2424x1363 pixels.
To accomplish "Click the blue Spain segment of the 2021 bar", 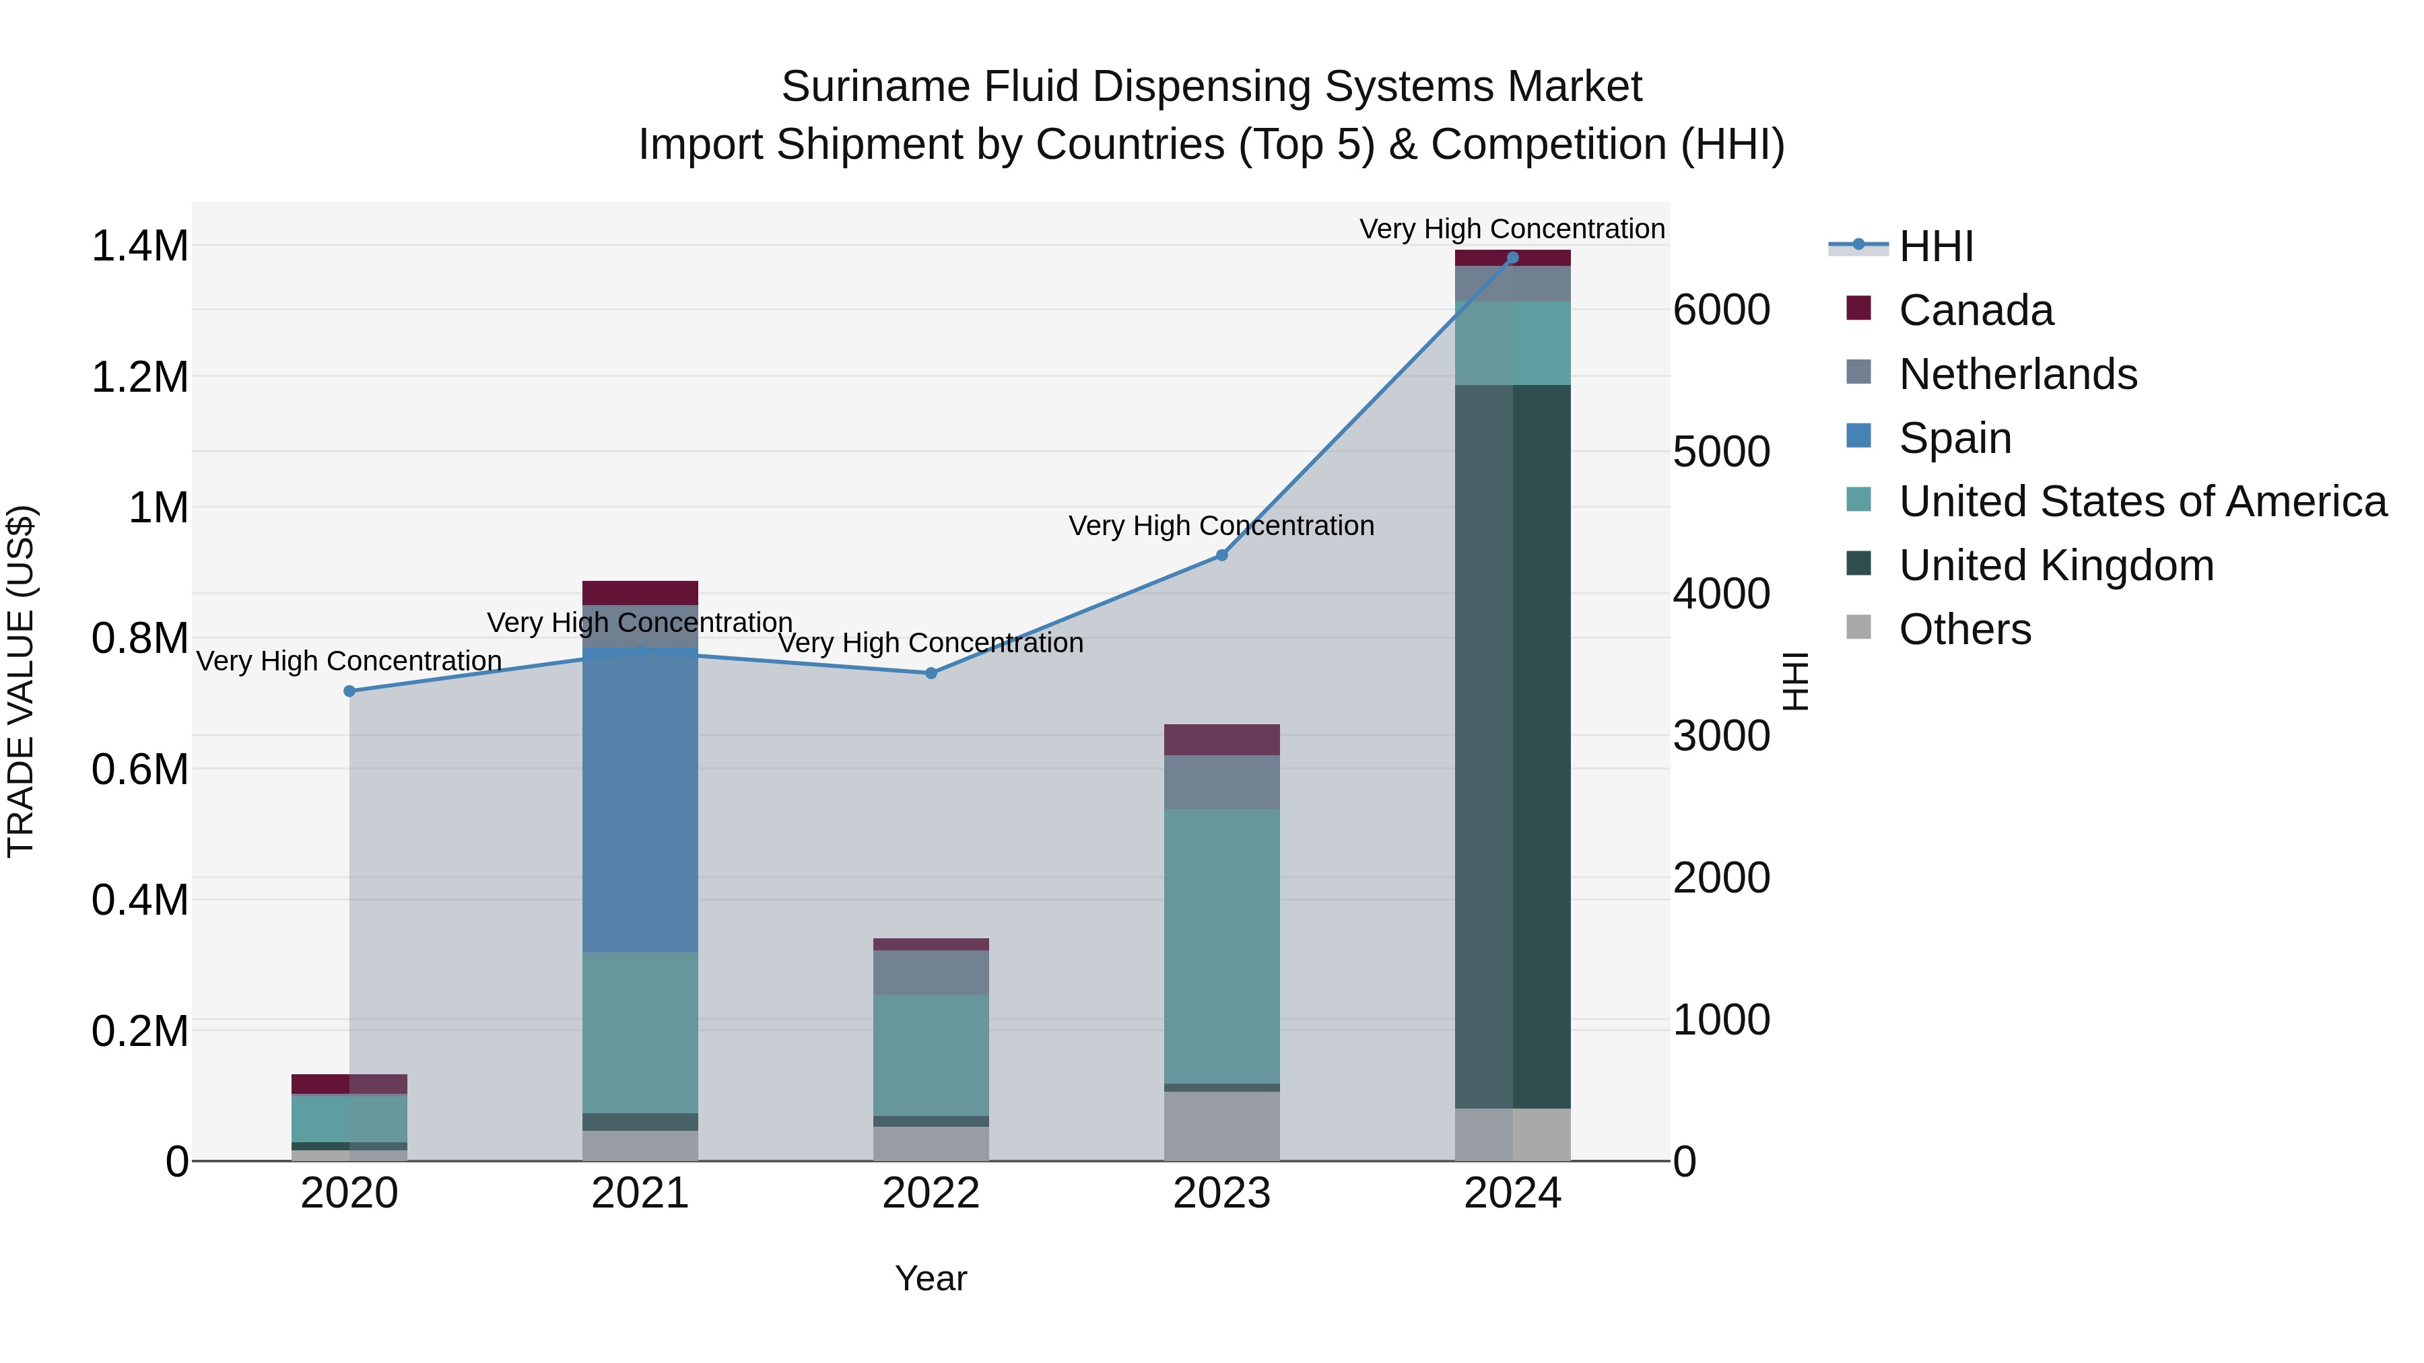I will pyautogui.click(x=640, y=800).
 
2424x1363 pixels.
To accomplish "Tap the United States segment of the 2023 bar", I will pyautogui.click(x=1221, y=946).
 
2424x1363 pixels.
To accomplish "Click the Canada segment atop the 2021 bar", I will pyautogui.click(x=640, y=592).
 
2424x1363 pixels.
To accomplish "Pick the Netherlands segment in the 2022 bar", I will pyautogui.click(x=931, y=973).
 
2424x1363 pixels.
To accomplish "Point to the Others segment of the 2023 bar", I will pyautogui.click(x=1221, y=1126).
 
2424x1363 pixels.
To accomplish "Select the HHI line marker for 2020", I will pyautogui.click(x=349, y=691).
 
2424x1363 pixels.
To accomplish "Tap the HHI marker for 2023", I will pyautogui.click(x=1221, y=555).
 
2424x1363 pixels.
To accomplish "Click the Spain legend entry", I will pyautogui.click(x=1955, y=438).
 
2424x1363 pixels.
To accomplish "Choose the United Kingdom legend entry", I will pyautogui.click(x=2056, y=565).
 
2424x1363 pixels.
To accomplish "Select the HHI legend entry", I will pyautogui.click(x=1936, y=246).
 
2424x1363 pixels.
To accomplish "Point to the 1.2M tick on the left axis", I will pyautogui.click(x=139, y=377).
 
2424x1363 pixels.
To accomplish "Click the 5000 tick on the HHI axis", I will pyautogui.click(x=1721, y=452).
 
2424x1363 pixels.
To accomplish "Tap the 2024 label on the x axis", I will pyautogui.click(x=1512, y=1193).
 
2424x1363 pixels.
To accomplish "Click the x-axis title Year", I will pyautogui.click(x=931, y=1278).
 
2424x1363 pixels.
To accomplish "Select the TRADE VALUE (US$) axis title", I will pyautogui.click(x=21, y=681).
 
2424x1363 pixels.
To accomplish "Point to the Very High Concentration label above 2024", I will pyautogui.click(x=1512, y=229).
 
